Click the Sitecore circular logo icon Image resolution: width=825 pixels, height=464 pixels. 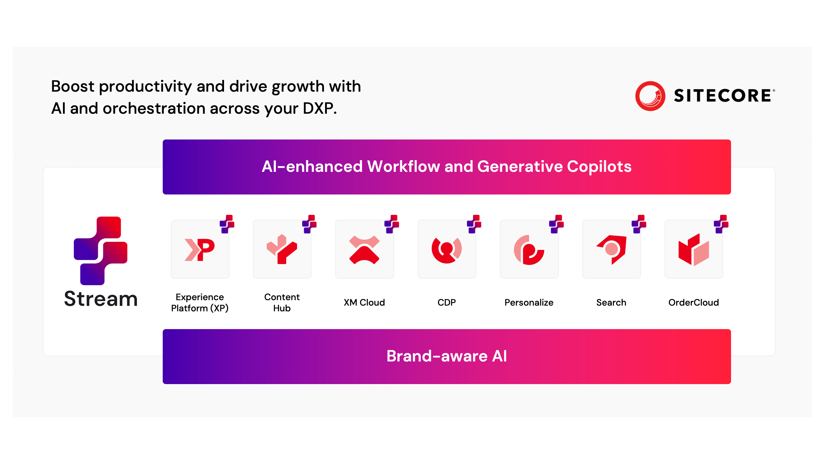tap(650, 96)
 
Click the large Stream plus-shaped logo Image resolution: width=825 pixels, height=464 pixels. tap(101, 251)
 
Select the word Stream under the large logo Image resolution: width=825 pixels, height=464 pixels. tap(101, 299)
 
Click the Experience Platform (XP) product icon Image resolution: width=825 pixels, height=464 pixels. tap(200, 250)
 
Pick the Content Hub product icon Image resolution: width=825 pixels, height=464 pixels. tap(282, 249)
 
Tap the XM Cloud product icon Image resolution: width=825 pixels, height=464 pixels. tap(364, 250)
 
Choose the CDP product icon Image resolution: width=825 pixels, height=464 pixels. tap(447, 250)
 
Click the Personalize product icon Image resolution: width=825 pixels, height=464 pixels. tap(529, 250)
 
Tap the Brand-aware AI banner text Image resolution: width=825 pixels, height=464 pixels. tap(447, 356)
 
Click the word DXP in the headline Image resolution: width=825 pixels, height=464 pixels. tap(320, 108)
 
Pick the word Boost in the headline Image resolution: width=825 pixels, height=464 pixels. tap(73, 86)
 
